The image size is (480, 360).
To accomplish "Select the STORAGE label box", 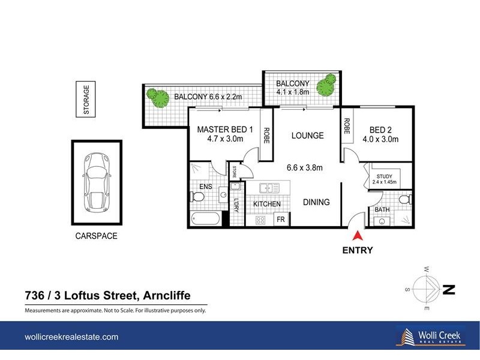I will [x=86, y=100].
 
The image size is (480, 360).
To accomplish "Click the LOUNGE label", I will [x=307, y=136].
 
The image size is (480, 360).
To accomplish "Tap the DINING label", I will [x=316, y=202].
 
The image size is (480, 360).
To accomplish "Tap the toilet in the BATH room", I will [x=404, y=198].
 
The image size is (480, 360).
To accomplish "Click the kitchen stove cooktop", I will [x=260, y=220].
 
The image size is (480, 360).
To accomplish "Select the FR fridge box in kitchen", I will [x=280, y=220].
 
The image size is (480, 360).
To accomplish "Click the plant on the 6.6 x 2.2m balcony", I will [x=158, y=98].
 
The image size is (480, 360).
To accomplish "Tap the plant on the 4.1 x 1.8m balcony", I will [x=326, y=84].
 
